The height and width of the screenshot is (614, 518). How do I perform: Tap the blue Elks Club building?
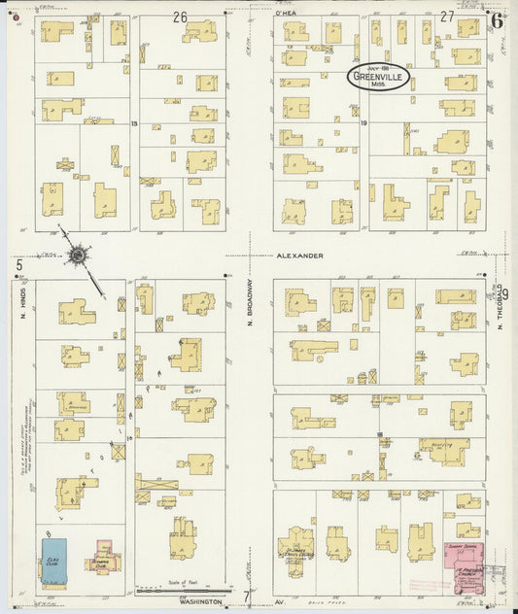point(52,562)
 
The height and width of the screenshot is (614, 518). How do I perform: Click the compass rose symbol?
point(76,256)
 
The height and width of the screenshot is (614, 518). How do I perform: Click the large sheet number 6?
point(497,18)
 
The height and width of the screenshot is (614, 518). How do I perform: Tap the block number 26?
point(180,16)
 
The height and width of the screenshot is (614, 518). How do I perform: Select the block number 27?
point(447,16)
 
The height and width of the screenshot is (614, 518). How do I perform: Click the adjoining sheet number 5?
point(17,263)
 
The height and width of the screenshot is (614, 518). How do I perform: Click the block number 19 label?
point(363,123)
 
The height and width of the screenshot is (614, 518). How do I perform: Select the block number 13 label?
point(135,123)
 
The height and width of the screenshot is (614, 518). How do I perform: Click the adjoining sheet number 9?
point(504,292)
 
